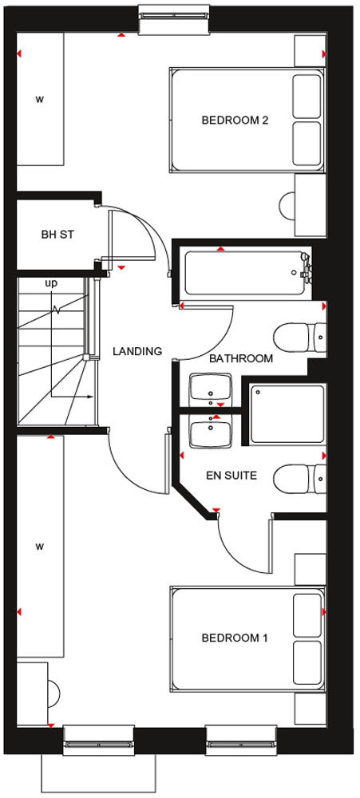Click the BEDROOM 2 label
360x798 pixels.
pos(235,120)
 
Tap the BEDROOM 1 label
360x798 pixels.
pos(234,638)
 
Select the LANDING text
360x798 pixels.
pos(137,351)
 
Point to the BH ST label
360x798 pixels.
pos(58,235)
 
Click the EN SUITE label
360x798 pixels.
pos(231,476)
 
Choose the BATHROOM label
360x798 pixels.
pos(241,358)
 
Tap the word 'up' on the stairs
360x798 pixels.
pos(51,284)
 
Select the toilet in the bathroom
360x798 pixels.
pos(300,338)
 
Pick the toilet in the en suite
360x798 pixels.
pos(300,479)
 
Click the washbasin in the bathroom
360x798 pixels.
pos(211,390)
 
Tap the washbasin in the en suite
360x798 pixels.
pos(211,432)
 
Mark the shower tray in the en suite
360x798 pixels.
pos(287,413)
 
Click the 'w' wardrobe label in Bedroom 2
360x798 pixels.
pos(39,99)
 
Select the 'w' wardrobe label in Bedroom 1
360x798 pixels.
pos(39,547)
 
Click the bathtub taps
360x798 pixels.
pos(307,267)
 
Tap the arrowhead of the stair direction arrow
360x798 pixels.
pos(91,397)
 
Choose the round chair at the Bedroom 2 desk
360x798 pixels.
pos(287,206)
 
